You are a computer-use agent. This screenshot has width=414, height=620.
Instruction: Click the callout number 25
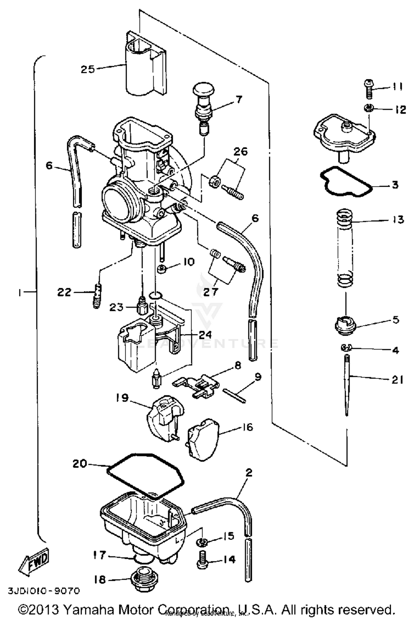point(88,69)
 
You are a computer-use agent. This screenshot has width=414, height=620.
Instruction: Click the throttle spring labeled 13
point(345,249)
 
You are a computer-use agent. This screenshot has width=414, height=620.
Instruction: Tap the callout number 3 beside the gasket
point(395,185)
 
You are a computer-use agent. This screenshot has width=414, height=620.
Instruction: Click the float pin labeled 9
point(234,396)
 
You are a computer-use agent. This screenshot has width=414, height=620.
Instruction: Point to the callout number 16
point(247,427)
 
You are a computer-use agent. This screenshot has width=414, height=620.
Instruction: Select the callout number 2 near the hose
point(248,473)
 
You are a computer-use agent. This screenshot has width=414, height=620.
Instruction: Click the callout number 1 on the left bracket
point(20,292)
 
